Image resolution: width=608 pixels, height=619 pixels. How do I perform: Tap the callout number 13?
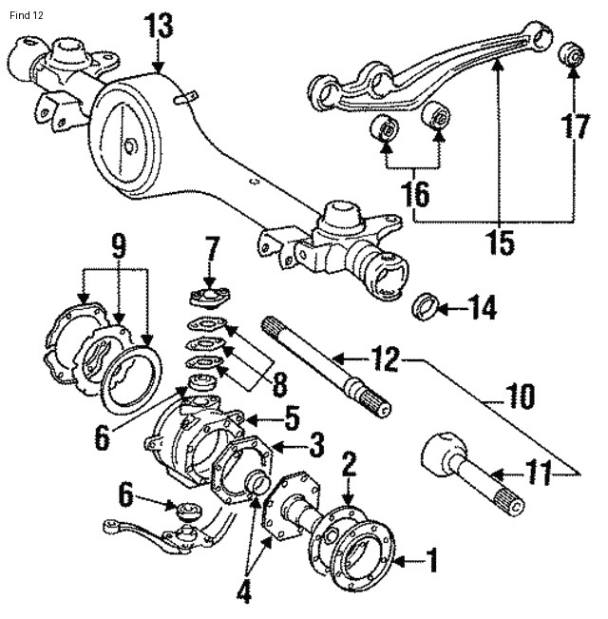[x=159, y=26]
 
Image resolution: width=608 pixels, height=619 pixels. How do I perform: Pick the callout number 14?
[x=483, y=308]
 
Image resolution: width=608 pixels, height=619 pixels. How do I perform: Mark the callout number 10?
[x=521, y=395]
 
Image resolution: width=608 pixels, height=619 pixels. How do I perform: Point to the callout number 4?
[x=244, y=591]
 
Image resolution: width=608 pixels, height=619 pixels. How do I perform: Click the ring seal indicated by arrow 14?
[x=427, y=308]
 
